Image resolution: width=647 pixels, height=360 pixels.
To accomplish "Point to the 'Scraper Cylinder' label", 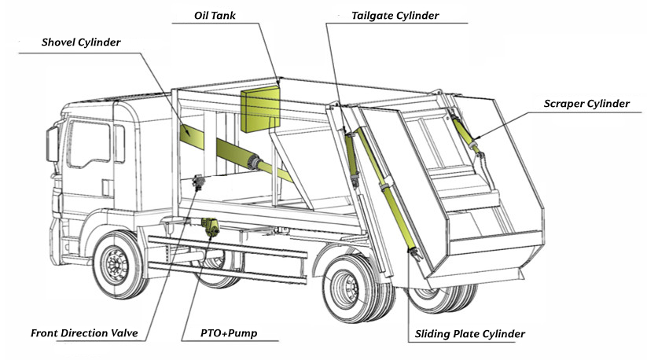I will click(586, 104).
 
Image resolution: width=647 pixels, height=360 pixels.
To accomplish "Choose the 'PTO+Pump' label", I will click(230, 333).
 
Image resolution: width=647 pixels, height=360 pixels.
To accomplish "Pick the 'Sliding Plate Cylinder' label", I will click(469, 335).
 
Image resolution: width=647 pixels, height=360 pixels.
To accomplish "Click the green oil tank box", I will click(259, 110).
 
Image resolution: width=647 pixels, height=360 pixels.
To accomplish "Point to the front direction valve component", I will click(197, 182).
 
